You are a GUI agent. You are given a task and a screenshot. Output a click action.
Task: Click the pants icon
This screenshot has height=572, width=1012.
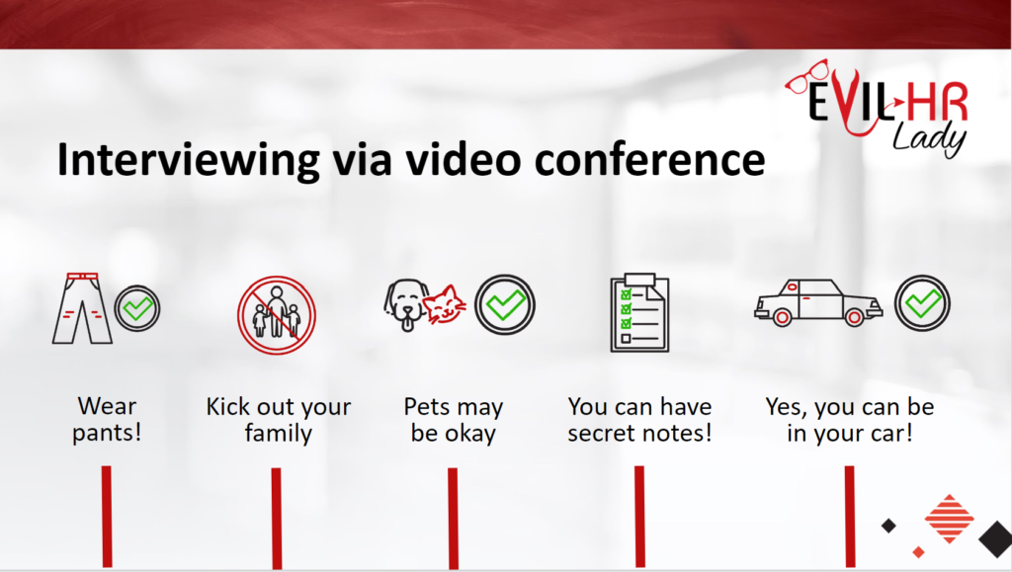tap(82, 308)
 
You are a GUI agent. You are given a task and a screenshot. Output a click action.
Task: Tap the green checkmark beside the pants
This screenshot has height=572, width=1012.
tap(137, 309)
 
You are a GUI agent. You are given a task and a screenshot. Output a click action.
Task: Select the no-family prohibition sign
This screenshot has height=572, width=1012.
tap(277, 315)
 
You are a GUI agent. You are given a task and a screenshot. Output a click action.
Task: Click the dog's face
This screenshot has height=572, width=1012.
tap(404, 304)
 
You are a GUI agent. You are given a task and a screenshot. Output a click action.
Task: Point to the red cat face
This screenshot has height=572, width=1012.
tap(446, 304)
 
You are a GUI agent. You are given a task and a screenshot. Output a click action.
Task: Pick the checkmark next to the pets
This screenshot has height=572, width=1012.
tap(505, 304)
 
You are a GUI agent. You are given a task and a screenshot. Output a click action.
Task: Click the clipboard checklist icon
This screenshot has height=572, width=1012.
tap(639, 313)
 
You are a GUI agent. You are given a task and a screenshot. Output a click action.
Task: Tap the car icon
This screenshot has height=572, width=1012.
tap(818, 301)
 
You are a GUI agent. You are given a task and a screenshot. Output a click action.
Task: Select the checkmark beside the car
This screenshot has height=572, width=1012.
tap(922, 303)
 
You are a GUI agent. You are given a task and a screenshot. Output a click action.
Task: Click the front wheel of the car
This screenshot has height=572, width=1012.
tap(782, 317)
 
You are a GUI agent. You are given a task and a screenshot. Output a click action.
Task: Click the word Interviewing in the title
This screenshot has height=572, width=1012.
tap(188, 159)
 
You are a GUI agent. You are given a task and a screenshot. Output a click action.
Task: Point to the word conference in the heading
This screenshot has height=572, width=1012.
tap(649, 159)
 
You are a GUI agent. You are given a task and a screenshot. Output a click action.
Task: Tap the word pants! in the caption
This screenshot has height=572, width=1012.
tap(107, 433)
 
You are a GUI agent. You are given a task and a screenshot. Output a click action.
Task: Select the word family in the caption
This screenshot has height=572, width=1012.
tap(278, 433)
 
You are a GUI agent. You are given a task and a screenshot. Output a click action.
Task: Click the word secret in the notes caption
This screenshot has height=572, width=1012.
tap(604, 433)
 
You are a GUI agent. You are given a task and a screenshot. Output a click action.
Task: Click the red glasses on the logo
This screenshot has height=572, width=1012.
tap(806, 77)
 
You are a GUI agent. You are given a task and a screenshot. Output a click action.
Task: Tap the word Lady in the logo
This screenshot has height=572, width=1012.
tap(929, 138)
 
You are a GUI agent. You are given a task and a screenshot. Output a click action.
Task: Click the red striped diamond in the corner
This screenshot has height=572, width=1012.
tap(949, 519)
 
